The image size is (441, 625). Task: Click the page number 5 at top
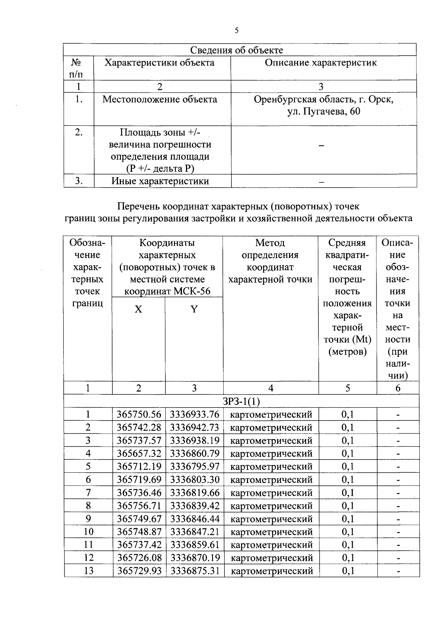tap(237, 31)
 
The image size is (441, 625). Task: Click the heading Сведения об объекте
tap(236, 50)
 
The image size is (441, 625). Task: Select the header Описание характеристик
tap(321, 63)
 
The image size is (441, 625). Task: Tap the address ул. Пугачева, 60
tap(323, 111)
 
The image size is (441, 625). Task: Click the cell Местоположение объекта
tap(160, 99)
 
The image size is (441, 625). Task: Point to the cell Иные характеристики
tap(160, 181)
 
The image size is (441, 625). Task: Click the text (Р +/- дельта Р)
tap(160, 168)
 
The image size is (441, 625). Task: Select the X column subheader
tap(138, 309)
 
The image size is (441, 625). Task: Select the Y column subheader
tap(194, 309)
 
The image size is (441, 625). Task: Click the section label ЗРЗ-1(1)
tap(241, 401)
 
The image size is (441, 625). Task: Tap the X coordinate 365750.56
tap(139, 415)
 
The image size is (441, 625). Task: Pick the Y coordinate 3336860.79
tap(195, 454)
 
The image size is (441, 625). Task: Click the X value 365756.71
tap(139, 506)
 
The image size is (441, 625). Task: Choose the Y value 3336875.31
tap(195, 571)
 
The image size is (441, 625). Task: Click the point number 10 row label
tap(89, 532)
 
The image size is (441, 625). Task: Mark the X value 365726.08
tap(139, 558)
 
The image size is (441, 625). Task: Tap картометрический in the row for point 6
tap(271, 480)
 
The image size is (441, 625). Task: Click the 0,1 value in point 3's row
tap(348, 441)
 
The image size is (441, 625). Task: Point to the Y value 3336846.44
tap(195, 519)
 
